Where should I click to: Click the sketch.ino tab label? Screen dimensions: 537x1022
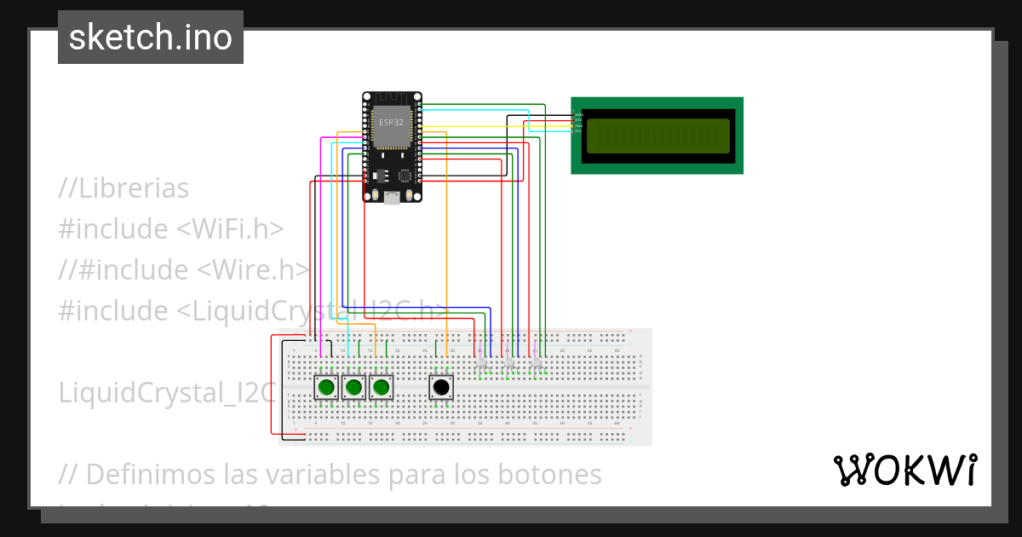[x=151, y=38]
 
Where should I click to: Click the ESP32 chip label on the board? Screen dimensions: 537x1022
[x=391, y=123]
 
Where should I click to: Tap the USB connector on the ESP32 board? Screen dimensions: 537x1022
[x=391, y=197]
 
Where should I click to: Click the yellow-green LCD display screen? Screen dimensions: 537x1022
[x=657, y=136]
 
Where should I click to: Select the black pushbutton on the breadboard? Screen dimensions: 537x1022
[x=440, y=388]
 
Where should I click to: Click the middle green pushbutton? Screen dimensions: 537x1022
[x=353, y=388]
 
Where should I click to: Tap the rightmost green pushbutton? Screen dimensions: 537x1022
[x=381, y=388]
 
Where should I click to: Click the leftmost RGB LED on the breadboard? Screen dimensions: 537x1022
[x=481, y=362]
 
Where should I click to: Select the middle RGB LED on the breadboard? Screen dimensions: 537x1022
[x=508, y=362]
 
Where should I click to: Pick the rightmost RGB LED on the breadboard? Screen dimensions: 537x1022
[x=536, y=362]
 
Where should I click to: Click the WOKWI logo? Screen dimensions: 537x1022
[x=904, y=470]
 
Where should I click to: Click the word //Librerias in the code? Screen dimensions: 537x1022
[x=123, y=188]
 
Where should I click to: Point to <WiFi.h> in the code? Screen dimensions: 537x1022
[x=230, y=229]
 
